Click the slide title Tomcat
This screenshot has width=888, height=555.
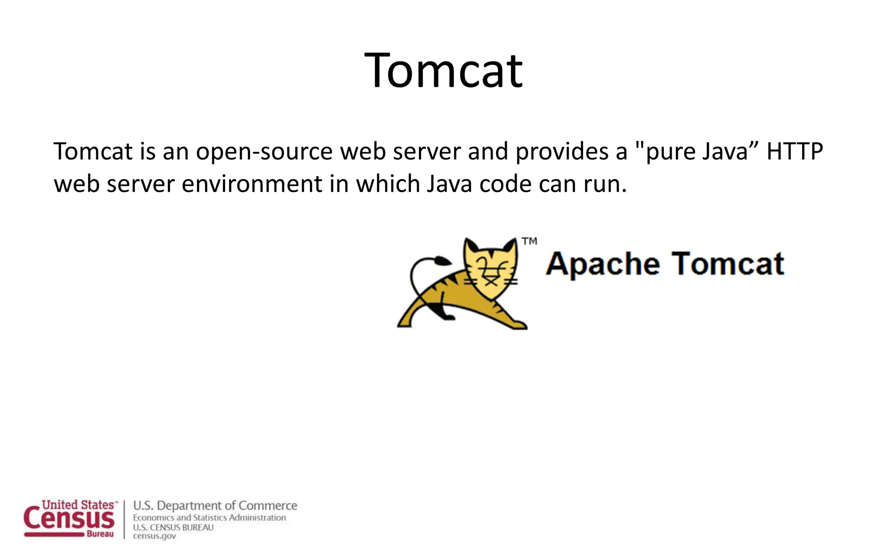444,70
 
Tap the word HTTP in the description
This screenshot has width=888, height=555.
794,152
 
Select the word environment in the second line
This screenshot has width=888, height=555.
252,184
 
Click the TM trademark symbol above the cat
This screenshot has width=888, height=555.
529,241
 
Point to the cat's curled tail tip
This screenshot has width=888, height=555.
442,261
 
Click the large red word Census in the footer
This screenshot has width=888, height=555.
69,519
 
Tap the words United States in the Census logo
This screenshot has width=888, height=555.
78,505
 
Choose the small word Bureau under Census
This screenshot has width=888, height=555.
100,534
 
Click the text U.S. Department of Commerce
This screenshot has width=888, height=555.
215,506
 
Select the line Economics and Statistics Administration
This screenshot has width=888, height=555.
209,518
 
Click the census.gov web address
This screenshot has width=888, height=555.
154,536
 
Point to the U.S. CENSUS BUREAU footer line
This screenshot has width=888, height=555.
173,527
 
